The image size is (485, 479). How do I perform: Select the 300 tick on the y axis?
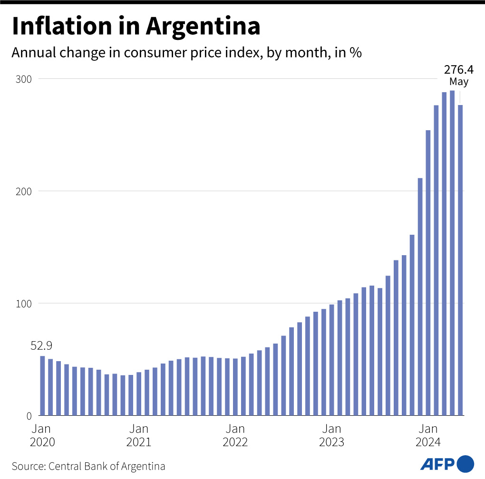coord(24,79)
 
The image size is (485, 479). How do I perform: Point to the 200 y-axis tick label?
coord(24,191)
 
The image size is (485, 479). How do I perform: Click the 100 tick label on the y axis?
coord(24,304)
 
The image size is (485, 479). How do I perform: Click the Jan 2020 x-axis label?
coord(42,435)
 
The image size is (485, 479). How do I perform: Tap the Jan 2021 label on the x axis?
coord(139,435)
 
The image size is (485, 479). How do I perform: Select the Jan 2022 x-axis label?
coord(235,435)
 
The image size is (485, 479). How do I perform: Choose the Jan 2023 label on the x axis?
coord(331,435)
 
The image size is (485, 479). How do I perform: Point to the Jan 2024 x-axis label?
coord(428,435)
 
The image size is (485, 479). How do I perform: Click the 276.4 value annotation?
coord(459,69)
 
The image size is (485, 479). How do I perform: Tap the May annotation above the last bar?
coord(459,81)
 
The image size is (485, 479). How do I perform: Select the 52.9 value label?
coord(41,346)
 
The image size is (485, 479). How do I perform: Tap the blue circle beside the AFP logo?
coord(465,463)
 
